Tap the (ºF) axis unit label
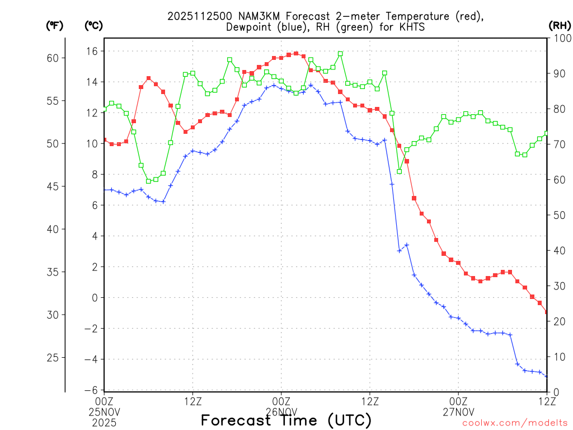click(55, 25)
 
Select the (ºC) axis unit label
click(93, 25)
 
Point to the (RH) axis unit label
click(560, 25)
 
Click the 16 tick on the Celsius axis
click(92, 51)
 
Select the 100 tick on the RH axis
click(560, 38)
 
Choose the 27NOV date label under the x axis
click(458, 411)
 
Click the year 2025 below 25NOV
click(104, 421)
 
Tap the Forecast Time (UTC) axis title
click(286, 420)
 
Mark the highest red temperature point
click(296, 54)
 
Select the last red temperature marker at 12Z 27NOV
click(547, 312)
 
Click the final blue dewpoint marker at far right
click(547, 376)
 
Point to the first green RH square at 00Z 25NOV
click(105, 109)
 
